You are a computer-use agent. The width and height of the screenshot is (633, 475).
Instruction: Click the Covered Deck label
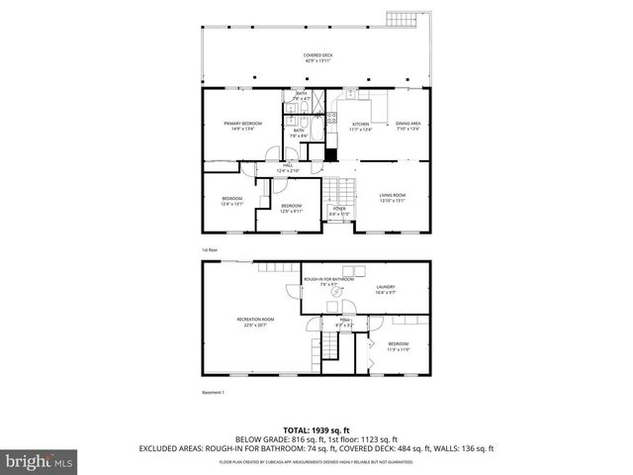coord(316,57)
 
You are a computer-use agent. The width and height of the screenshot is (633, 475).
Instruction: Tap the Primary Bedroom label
coord(242,126)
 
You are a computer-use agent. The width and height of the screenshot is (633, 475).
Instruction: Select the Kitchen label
coord(360,126)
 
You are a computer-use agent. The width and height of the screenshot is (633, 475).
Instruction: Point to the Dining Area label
coord(408,126)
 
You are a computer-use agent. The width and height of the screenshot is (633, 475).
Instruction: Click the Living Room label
coord(393,197)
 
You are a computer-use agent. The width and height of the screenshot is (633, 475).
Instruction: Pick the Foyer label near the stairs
coord(338,211)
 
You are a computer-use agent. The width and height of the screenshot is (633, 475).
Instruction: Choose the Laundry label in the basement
coord(386,291)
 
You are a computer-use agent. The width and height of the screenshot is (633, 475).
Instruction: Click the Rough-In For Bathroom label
coord(328,283)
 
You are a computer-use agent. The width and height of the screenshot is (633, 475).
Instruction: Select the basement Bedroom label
coord(398,345)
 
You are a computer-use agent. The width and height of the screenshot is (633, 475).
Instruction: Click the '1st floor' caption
coord(209,249)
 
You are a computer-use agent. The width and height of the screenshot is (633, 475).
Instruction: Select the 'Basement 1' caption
coord(214,392)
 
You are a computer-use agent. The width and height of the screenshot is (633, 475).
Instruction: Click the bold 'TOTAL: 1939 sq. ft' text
coord(316,429)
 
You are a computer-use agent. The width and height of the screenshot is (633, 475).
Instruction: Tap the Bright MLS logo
coord(38,461)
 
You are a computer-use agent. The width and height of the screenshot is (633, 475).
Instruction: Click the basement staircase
coord(327,346)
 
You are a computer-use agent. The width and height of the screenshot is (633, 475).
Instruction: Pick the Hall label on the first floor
coord(288,168)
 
